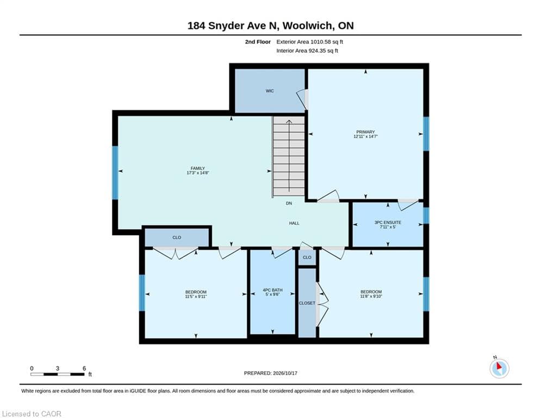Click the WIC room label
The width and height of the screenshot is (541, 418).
coord(270,91)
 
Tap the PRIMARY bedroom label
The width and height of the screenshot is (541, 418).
coord(365,132)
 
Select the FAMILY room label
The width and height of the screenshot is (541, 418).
coord(198,168)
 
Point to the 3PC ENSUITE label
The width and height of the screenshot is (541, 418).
coord(388,223)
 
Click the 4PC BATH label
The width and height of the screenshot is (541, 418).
coord(272,290)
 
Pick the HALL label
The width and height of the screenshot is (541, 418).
coord(294,223)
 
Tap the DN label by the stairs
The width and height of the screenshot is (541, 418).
coord(289,203)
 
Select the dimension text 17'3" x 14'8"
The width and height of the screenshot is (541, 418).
coord(198,173)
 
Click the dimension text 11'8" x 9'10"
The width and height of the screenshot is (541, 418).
coord(371,296)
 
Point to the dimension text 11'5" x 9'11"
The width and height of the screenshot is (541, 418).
coord(196,297)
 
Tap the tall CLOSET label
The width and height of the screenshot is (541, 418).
coord(307,303)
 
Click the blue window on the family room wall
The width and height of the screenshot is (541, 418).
coord(115,173)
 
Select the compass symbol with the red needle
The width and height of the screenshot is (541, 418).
coord(499,368)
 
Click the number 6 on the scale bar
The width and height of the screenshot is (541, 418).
coord(84,368)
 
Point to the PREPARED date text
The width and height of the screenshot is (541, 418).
coord(271,373)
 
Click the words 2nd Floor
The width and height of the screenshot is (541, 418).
coord(258,42)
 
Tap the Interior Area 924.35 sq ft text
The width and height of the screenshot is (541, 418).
coord(307,51)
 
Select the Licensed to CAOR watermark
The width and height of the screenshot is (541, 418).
coord(32,414)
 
